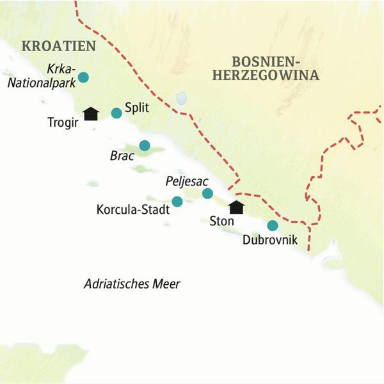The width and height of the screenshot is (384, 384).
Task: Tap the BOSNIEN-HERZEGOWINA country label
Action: click(x=275, y=68)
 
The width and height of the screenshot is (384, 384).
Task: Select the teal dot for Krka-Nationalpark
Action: click(x=83, y=78)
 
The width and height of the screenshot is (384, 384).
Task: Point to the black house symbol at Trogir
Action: click(x=92, y=113)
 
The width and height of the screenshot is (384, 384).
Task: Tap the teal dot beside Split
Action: click(x=116, y=113)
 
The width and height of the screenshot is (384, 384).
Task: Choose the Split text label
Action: click(x=136, y=108)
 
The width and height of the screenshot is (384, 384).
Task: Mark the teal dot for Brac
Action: click(x=145, y=146)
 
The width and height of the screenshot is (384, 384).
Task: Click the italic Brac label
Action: click(x=123, y=156)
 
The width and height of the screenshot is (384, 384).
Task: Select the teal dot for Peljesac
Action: click(x=207, y=193)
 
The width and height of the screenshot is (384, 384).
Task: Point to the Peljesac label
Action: click(x=184, y=182)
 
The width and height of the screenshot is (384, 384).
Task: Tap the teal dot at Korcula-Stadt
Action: click(x=177, y=202)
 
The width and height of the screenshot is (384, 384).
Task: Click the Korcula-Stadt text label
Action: click(x=132, y=209)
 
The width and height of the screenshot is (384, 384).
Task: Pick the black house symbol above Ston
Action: click(x=237, y=207)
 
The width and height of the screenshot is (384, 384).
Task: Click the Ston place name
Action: click(x=221, y=221)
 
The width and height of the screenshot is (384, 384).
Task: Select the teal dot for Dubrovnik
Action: click(x=273, y=225)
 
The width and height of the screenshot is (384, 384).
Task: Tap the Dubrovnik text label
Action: click(x=271, y=241)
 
